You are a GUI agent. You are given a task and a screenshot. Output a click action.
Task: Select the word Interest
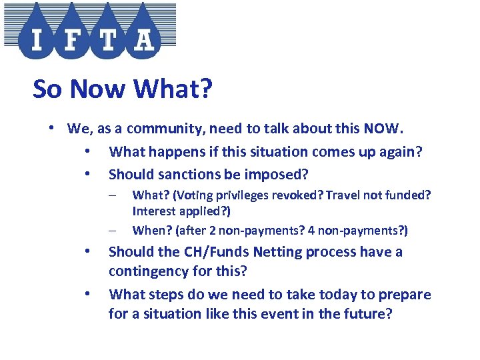(155, 211)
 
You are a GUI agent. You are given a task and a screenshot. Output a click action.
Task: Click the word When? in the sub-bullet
(152, 231)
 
